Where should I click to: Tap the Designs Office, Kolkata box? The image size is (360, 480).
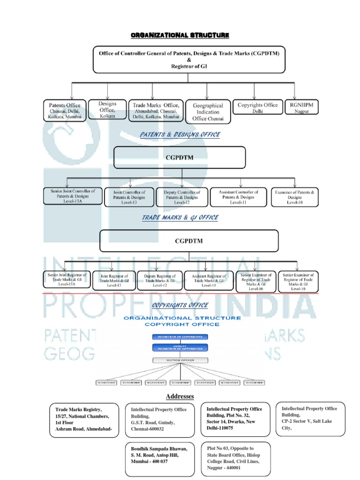(107, 109)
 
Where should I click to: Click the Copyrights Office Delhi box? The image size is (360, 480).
(257, 108)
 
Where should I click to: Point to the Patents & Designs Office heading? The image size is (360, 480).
(180, 135)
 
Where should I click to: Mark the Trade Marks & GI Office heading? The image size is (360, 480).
(180, 217)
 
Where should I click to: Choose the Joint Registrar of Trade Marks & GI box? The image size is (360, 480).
(114, 280)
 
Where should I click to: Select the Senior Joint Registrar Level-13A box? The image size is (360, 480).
(66, 280)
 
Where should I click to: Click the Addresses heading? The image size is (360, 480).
(180, 397)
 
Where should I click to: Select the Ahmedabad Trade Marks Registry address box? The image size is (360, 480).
(83, 419)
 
